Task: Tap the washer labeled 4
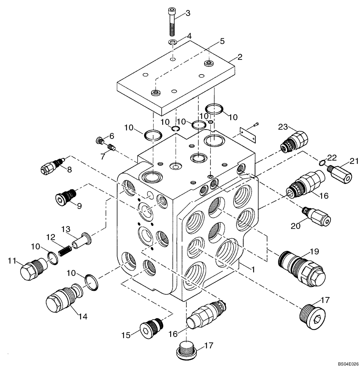click(x=172, y=42)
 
